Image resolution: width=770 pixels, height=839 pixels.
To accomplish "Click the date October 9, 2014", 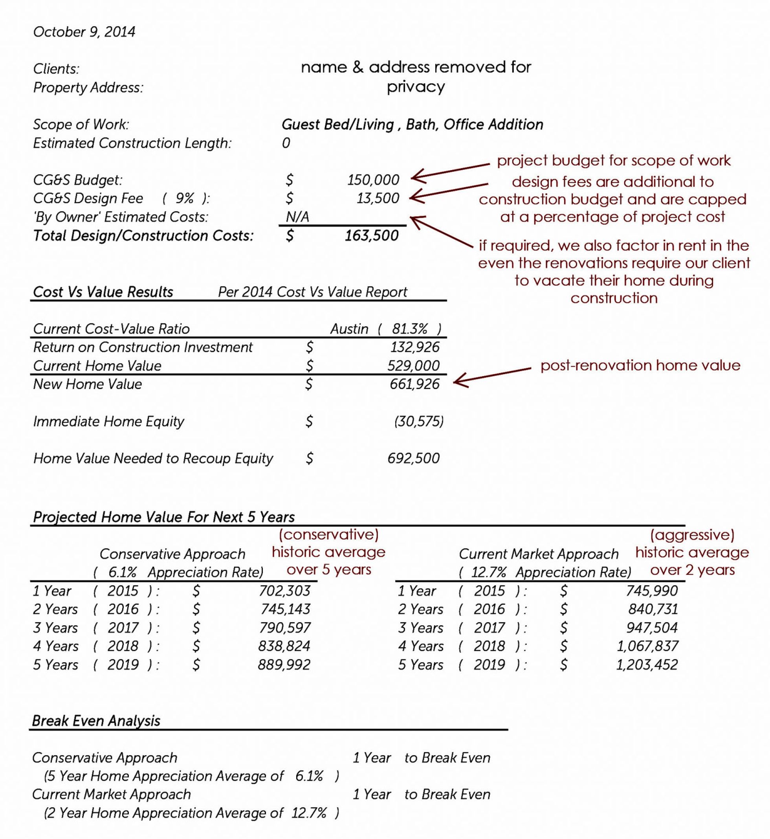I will (84, 32).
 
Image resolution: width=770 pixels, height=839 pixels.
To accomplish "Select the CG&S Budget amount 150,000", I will (373, 180).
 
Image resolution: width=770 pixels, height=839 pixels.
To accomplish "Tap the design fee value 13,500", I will (378, 198).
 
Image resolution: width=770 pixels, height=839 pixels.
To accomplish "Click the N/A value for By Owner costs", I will (297, 217).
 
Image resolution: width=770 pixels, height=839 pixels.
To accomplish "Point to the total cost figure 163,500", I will (371, 235).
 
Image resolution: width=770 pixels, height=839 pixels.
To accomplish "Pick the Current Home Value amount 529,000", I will (413, 365).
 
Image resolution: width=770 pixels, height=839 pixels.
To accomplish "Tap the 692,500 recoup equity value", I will (413, 458).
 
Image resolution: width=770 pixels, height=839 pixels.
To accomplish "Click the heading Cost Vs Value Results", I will (103, 292).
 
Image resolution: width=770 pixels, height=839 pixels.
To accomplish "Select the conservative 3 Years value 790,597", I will (284, 627).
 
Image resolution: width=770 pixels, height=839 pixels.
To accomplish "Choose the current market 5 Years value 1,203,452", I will (647, 665).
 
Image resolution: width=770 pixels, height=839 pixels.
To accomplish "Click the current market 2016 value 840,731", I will (653, 609).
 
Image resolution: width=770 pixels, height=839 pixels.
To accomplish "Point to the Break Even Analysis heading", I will (96, 721).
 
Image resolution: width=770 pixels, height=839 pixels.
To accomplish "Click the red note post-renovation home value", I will (640, 365).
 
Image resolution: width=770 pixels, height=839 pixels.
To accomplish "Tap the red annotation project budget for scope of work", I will (613, 160).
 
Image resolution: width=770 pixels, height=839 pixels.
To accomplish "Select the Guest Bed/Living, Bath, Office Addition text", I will (412, 124).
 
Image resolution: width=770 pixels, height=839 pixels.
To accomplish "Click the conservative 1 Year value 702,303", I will (284, 591).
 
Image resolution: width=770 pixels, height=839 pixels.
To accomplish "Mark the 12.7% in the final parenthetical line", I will (309, 813).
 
